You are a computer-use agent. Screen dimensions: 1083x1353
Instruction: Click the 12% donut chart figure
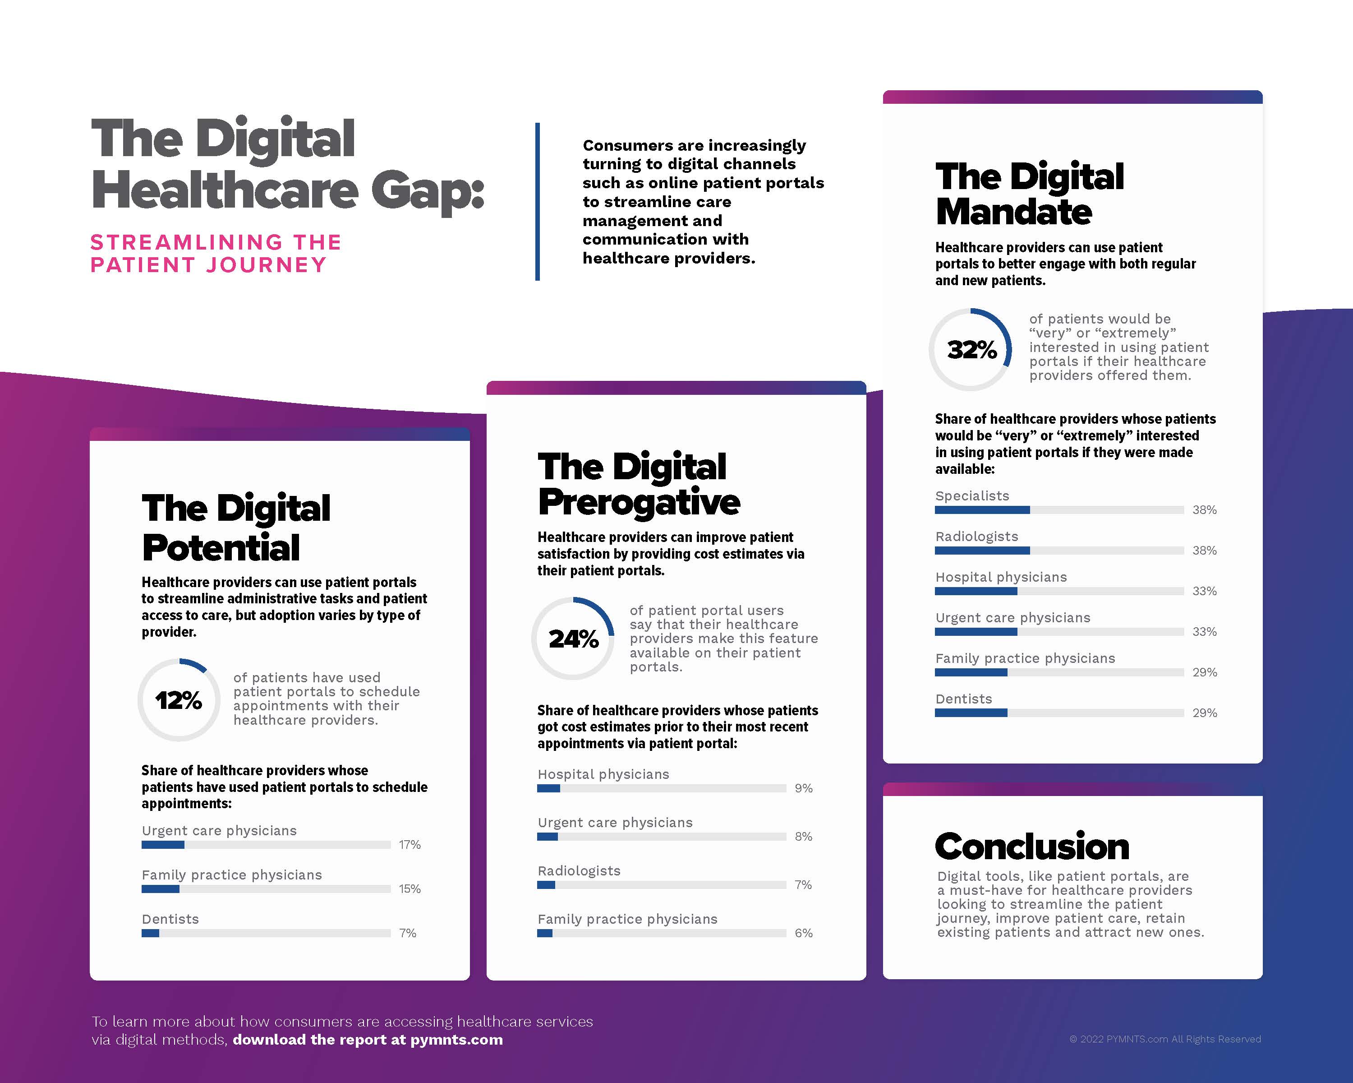[179, 700]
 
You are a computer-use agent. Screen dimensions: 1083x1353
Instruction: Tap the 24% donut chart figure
[573, 639]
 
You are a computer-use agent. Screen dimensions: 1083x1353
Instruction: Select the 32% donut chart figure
[971, 350]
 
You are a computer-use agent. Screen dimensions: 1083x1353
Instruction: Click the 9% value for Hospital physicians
[803, 788]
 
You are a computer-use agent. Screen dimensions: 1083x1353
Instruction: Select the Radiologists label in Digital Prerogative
[579, 871]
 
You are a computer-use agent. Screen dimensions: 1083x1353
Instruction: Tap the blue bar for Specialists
[982, 510]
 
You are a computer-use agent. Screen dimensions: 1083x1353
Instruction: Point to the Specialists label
[972, 496]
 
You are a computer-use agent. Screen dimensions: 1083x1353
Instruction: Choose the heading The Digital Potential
[235, 528]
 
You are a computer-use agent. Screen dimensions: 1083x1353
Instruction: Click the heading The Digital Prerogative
[638, 484]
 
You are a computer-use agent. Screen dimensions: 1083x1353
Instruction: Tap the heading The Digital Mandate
[1029, 194]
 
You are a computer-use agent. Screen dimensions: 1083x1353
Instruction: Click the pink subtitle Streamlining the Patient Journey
[215, 254]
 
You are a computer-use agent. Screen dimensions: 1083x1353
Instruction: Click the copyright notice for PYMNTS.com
[1165, 1039]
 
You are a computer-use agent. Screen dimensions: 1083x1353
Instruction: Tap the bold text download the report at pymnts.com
[368, 1040]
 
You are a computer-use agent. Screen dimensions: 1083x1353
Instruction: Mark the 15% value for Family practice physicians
[410, 889]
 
